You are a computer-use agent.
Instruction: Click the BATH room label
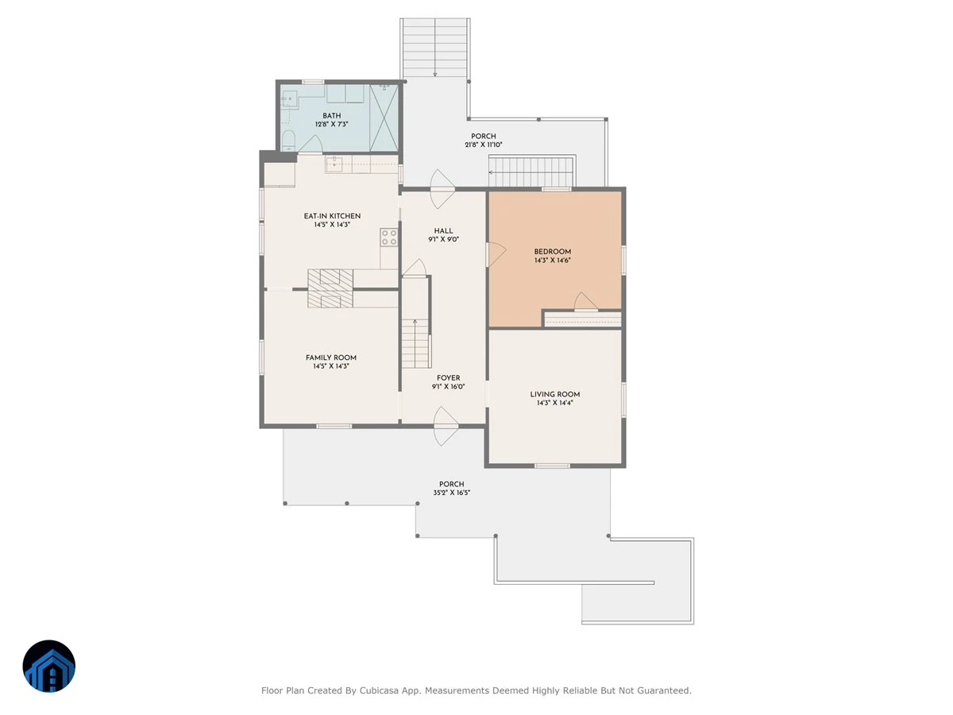click(331, 116)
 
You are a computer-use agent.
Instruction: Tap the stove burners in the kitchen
click(388, 238)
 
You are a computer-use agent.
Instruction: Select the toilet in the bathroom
click(288, 141)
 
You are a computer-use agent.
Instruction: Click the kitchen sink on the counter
click(334, 164)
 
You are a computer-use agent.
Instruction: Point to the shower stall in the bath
click(384, 118)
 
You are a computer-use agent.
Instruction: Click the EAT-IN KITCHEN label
click(332, 216)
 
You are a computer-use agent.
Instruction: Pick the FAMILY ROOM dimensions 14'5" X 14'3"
click(331, 366)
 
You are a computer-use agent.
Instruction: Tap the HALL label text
click(443, 231)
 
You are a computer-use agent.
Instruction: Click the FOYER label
click(449, 378)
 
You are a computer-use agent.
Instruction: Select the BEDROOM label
click(552, 252)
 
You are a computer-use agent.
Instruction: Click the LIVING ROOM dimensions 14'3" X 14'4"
click(555, 403)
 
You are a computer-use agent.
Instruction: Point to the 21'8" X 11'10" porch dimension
click(483, 145)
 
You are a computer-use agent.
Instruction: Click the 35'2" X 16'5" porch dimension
click(452, 493)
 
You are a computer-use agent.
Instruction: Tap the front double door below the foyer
click(446, 427)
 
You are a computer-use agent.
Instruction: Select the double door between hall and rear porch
click(442, 189)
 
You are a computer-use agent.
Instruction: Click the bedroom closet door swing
click(585, 302)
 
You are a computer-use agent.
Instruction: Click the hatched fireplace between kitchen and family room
click(330, 288)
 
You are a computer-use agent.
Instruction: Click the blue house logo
click(49, 667)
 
